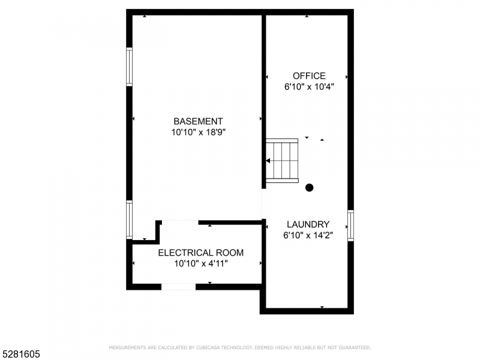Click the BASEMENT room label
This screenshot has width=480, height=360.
coord(198,121)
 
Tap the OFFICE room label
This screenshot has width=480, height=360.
coord(309,76)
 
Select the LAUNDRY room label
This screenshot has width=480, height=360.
coord(308,224)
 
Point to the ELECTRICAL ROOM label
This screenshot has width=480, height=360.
coord(201,253)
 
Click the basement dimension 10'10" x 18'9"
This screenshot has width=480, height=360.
coord(199,132)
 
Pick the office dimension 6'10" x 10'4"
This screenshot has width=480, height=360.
coord(309,86)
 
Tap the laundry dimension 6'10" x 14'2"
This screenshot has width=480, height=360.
coord(308,235)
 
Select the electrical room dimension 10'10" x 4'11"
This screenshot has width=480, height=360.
coord(201,263)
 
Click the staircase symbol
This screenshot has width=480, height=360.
coord(281,161)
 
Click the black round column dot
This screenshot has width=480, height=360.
coord(309,188)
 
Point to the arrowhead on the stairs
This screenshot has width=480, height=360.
coord(268,161)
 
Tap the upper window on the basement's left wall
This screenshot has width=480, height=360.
coord(130,67)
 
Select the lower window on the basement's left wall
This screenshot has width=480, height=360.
coord(130,220)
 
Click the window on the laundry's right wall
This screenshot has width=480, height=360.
coord(351,226)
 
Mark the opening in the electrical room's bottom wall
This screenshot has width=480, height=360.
coord(178,287)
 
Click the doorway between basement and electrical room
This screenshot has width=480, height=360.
coord(180,222)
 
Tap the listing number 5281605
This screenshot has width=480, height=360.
coord(20,354)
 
